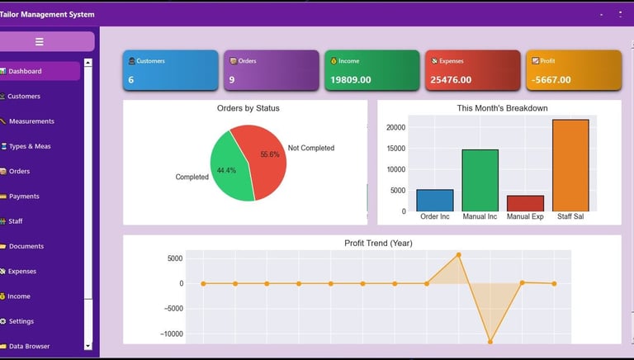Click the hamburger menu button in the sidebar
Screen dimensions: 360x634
click(x=40, y=41)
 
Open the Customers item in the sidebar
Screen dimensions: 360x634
click(x=24, y=97)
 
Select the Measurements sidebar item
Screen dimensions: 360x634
click(x=31, y=121)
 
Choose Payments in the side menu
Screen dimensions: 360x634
click(x=24, y=197)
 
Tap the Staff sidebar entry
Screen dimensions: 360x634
click(x=16, y=221)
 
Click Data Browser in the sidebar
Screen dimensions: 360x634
click(x=29, y=346)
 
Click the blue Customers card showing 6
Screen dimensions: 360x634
click(x=171, y=70)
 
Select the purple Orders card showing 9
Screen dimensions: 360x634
click(x=271, y=70)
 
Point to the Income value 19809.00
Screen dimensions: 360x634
click(x=351, y=80)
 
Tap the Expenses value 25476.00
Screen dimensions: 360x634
click(x=451, y=80)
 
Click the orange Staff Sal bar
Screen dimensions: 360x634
click(x=570, y=165)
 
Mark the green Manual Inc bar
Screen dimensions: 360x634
click(x=480, y=180)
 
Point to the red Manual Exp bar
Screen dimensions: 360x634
click(x=525, y=203)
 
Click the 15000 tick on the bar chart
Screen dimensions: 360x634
click(x=396, y=149)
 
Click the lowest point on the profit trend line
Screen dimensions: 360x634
click(x=490, y=341)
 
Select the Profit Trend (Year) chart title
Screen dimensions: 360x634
click(x=378, y=243)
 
